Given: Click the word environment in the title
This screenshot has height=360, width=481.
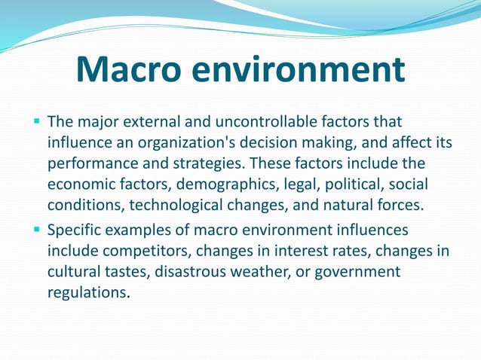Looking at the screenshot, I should click(x=297, y=70).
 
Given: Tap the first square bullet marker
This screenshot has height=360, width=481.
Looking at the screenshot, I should click(x=36, y=121).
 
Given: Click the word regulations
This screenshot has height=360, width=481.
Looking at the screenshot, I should click(x=85, y=292).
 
